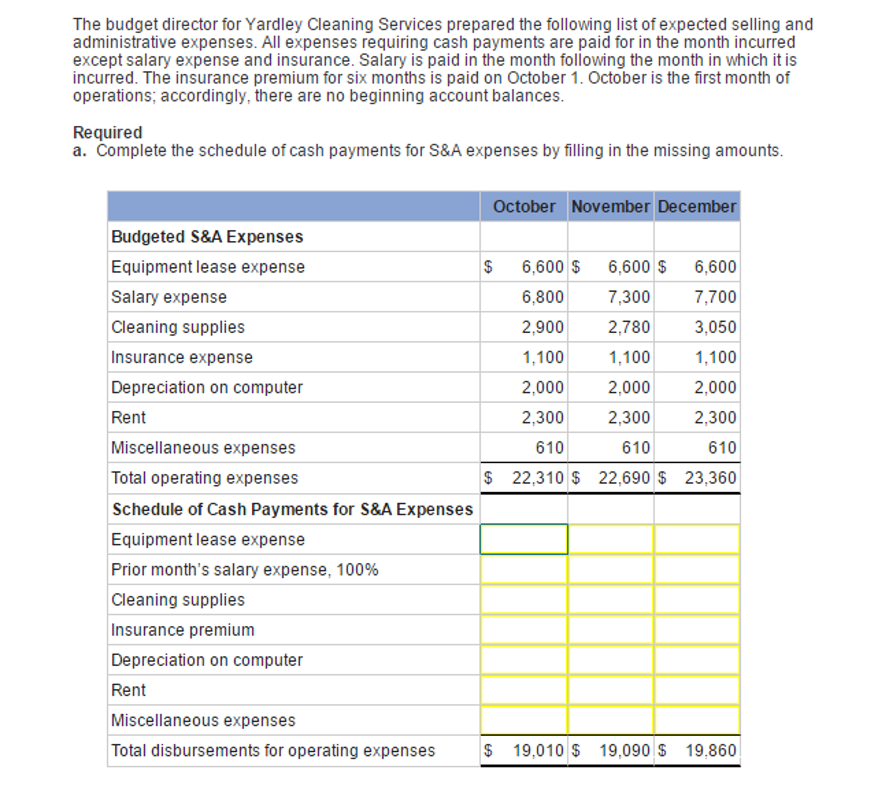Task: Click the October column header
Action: [524, 206]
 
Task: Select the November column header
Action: [610, 206]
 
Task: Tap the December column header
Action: [697, 206]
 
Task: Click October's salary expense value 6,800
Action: [542, 297]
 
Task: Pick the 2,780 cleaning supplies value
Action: [629, 327]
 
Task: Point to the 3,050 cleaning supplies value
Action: [715, 327]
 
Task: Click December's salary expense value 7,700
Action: [715, 297]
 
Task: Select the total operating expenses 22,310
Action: [537, 478]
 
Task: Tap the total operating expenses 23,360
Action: [710, 478]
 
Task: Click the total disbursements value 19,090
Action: [624, 750]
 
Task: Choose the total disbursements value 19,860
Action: [711, 750]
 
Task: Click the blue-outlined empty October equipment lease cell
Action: [524, 539]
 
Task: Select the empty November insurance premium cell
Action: [611, 630]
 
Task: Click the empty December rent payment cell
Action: [697, 690]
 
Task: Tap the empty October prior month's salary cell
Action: [524, 569]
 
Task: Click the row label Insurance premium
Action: [182, 630]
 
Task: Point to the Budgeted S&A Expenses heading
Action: [207, 237]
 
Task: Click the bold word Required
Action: [108, 132]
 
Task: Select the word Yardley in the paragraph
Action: [273, 24]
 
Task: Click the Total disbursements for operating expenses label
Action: [273, 750]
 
